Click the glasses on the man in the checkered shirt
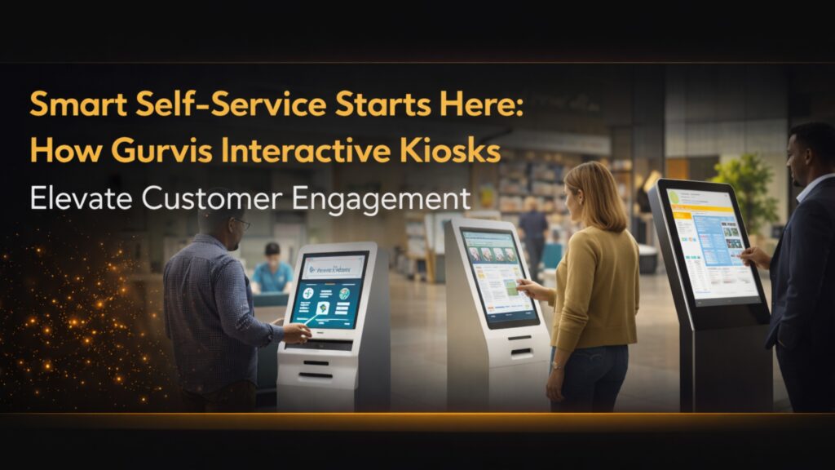pyautogui.click(x=241, y=223)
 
